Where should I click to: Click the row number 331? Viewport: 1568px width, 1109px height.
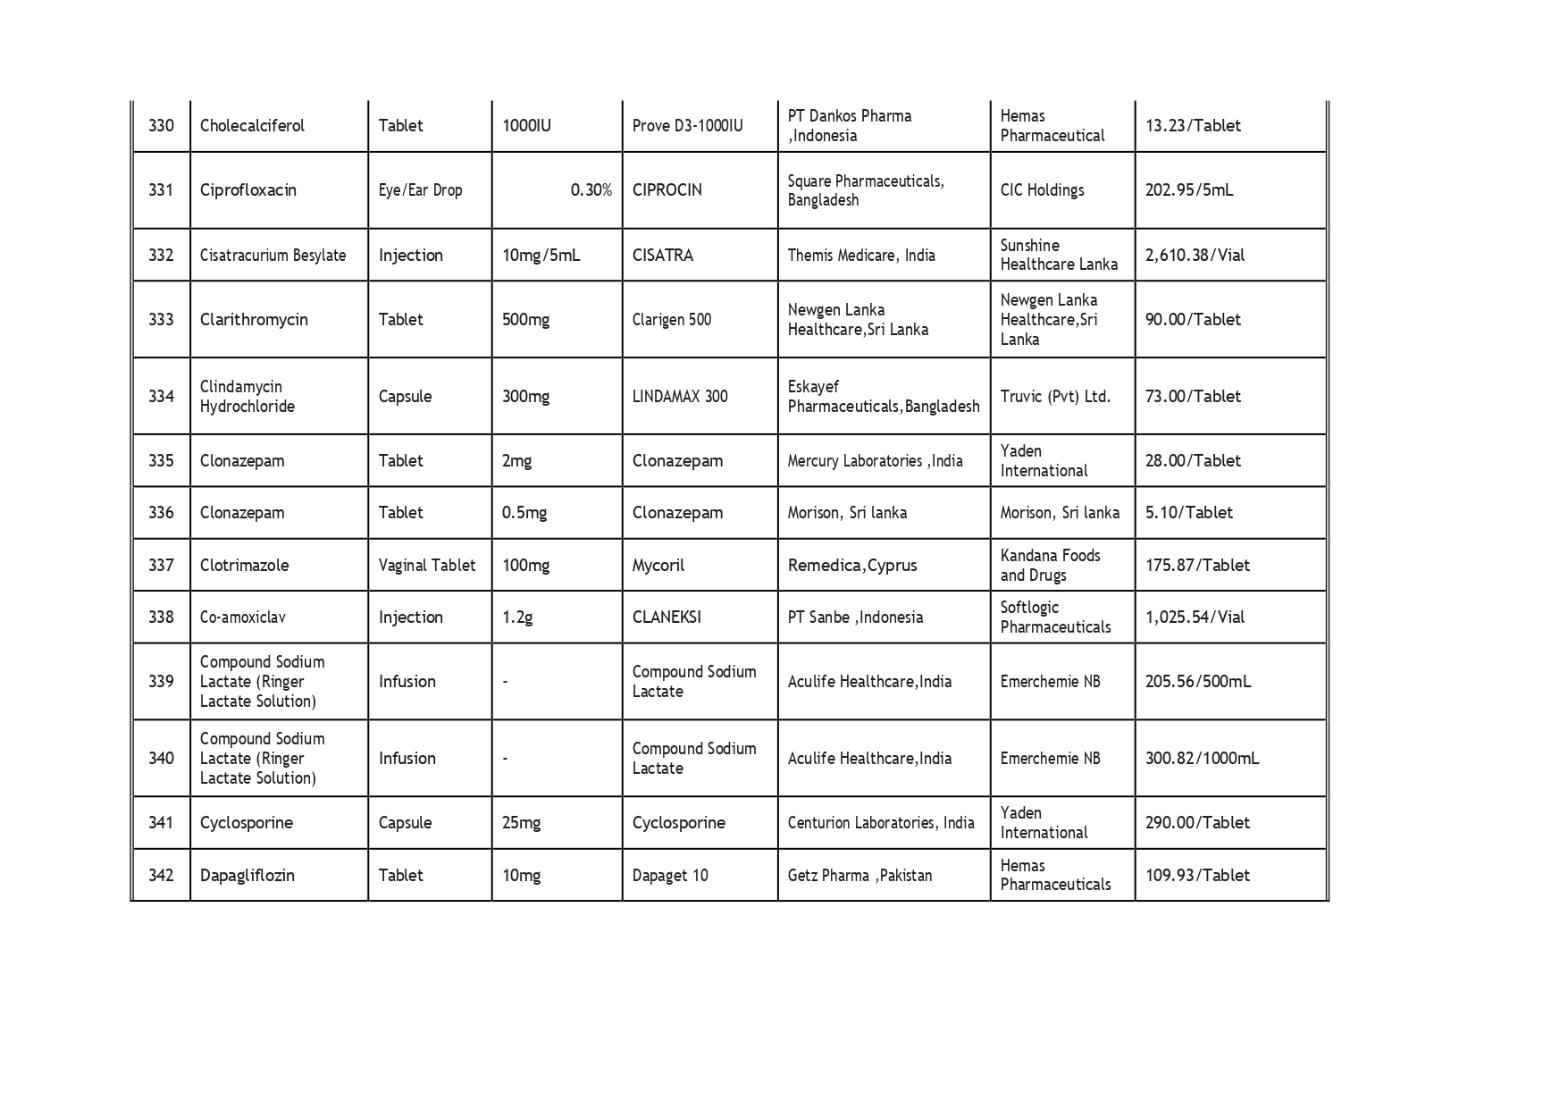(x=161, y=190)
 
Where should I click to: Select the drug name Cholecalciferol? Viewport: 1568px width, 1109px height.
(x=252, y=126)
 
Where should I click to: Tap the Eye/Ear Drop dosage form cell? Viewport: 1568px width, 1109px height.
(x=420, y=190)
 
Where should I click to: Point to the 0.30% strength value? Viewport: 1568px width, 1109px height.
(x=591, y=190)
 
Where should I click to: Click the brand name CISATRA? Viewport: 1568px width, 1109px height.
(x=662, y=256)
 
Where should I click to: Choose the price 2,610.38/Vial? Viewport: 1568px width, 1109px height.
(x=1195, y=256)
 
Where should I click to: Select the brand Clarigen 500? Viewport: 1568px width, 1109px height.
(x=671, y=320)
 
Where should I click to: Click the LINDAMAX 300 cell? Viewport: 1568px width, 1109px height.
(x=679, y=397)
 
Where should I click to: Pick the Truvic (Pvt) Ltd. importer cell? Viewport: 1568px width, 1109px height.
(x=1055, y=397)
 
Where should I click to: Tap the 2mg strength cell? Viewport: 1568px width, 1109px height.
(x=516, y=461)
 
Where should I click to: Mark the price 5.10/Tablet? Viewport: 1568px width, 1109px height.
(x=1188, y=513)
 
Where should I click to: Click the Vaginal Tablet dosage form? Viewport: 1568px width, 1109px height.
(x=426, y=566)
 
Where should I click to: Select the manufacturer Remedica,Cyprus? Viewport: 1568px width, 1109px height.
(x=851, y=566)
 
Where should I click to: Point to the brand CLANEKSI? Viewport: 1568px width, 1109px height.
(x=666, y=618)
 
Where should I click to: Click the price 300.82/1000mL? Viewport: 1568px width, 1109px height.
(x=1202, y=759)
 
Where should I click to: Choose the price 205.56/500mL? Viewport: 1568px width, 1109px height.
(x=1197, y=682)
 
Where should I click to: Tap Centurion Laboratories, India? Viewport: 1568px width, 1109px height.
(x=880, y=823)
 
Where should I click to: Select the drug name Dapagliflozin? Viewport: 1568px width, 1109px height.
(x=247, y=876)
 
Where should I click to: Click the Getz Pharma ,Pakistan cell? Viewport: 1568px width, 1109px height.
(x=859, y=876)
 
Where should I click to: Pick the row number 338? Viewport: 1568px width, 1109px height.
(x=161, y=618)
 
